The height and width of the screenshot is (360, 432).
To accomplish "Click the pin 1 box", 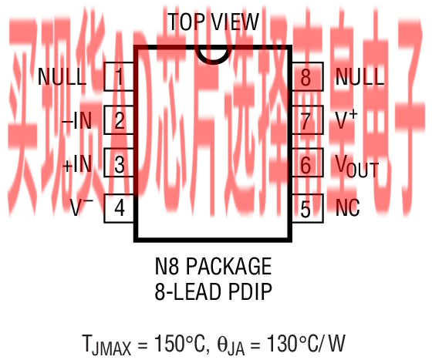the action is [x=119, y=76].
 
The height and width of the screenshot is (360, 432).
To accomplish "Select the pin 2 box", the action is [x=119, y=119].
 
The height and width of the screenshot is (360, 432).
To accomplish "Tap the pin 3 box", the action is [x=119, y=163].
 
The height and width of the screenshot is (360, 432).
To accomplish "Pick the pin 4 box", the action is [x=119, y=208].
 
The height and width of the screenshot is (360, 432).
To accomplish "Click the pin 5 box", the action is [x=307, y=208].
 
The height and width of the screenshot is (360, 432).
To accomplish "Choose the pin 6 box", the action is [x=307, y=163].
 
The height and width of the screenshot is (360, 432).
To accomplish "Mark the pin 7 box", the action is [x=307, y=119].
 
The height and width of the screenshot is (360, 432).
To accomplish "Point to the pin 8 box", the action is [x=307, y=76].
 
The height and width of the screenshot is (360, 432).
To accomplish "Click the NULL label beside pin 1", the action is [x=62, y=77].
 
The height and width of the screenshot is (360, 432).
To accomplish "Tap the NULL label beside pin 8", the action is [x=359, y=77].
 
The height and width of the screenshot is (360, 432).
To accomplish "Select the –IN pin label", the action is [x=77, y=120].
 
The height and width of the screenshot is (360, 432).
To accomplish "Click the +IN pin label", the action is [x=77, y=164].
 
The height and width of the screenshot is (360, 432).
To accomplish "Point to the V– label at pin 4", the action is [x=82, y=207].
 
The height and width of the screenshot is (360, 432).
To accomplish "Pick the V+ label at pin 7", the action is [x=346, y=119].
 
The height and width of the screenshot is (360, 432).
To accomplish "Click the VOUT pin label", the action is [x=357, y=166].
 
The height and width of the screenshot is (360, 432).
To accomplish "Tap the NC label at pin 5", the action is [x=348, y=208].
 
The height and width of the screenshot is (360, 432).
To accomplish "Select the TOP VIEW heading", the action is [x=214, y=22].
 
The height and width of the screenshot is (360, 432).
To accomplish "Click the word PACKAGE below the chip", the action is [x=229, y=266].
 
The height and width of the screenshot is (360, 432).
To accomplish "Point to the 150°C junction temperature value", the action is [x=180, y=343].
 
